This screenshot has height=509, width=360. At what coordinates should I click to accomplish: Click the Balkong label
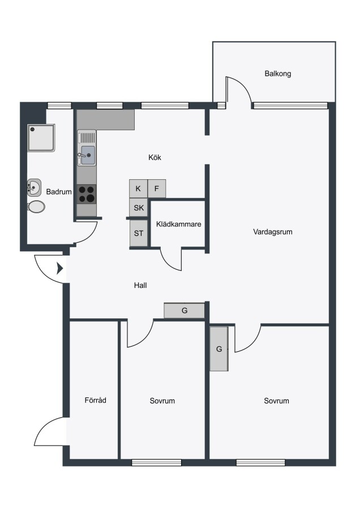(278, 74)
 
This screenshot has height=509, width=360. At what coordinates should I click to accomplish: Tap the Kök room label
(155, 157)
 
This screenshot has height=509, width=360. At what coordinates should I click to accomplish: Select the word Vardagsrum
(273, 232)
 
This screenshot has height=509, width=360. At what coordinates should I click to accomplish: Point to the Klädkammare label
(179, 224)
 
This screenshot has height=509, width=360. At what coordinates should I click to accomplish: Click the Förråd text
(95, 400)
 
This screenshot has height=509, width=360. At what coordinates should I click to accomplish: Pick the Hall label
(140, 286)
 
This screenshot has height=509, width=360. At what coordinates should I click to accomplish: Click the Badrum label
(59, 192)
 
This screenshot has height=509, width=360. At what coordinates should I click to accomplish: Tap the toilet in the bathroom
(36, 206)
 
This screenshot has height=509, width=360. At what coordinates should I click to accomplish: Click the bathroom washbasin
(34, 187)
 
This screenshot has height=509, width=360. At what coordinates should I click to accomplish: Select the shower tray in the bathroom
(41, 137)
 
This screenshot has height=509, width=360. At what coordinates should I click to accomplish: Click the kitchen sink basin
(88, 155)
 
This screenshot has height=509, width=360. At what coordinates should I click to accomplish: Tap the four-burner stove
(87, 194)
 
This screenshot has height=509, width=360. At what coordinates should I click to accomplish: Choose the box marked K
(138, 188)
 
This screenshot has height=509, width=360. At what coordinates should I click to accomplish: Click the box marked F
(157, 188)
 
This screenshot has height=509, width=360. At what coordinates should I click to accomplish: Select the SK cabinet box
(139, 208)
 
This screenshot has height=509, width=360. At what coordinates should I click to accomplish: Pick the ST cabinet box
(139, 233)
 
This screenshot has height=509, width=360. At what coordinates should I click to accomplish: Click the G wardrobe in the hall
(184, 310)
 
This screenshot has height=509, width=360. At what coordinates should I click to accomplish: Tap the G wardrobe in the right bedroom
(219, 348)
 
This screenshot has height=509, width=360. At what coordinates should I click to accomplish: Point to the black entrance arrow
(60, 269)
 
